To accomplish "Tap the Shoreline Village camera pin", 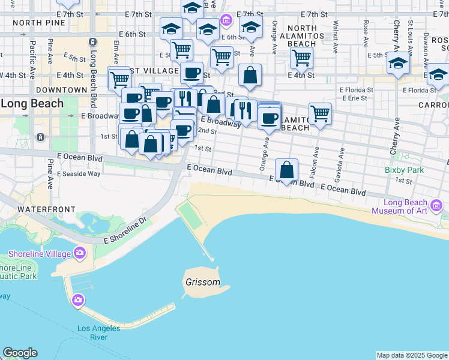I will [79, 253].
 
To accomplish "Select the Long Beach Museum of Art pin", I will [436, 207].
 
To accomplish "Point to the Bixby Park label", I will [405, 170].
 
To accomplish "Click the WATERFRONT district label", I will [46, 209].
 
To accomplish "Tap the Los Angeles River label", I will [98, 332].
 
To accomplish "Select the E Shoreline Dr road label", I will [125, 230].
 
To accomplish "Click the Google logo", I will [20, 353].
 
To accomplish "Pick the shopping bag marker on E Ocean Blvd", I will [288, 170].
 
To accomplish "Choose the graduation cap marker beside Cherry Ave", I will [397, 62].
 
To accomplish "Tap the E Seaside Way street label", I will [79, 174].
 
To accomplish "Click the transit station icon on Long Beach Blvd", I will [92, 41].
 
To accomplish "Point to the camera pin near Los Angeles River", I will [77, 299].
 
